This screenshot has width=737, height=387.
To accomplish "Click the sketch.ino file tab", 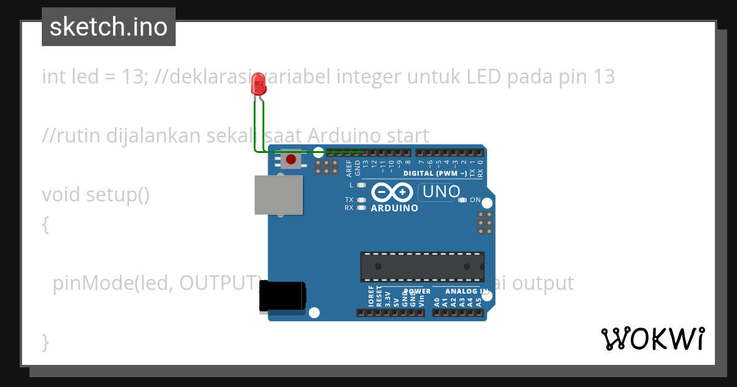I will pos(109,27).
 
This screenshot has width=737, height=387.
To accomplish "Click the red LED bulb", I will pos(259,84).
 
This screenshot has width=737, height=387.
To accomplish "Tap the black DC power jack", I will pos(282,297).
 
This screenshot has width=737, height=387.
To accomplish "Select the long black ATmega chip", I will pos(422,267).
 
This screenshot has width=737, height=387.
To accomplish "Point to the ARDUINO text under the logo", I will pos(394,208).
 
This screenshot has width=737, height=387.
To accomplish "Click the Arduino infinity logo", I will pos(391,192).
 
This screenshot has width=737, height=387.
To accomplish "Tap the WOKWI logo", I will pos(652,338).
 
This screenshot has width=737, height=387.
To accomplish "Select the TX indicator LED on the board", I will pos(361,200).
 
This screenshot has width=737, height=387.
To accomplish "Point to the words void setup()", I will pos(96,195).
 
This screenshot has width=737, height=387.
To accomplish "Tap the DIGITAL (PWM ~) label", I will pos(435,173).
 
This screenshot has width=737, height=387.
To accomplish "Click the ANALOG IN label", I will pos(467,291).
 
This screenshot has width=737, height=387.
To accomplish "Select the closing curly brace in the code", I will pos(45,341).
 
